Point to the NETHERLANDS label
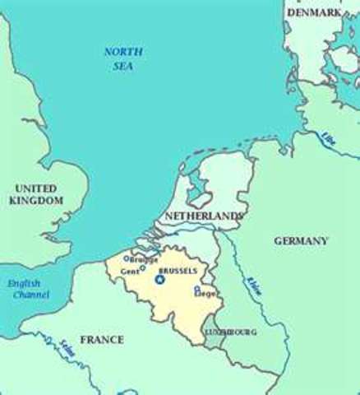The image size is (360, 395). pos(203,216)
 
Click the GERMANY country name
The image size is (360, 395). pos(302,240)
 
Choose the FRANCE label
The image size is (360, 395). pos(102,339)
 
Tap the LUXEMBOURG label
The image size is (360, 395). pos(232,332)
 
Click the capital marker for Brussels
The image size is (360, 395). pos(159,280)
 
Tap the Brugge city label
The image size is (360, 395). pos(145,258)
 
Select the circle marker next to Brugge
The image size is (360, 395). pos(126,258)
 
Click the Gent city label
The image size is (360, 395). pos(130,270)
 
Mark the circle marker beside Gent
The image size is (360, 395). pos(143,267)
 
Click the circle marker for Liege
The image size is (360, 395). pos(196,289)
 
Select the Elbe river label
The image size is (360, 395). pos(330,137)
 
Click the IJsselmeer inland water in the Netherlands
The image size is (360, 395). pos(196,185)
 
